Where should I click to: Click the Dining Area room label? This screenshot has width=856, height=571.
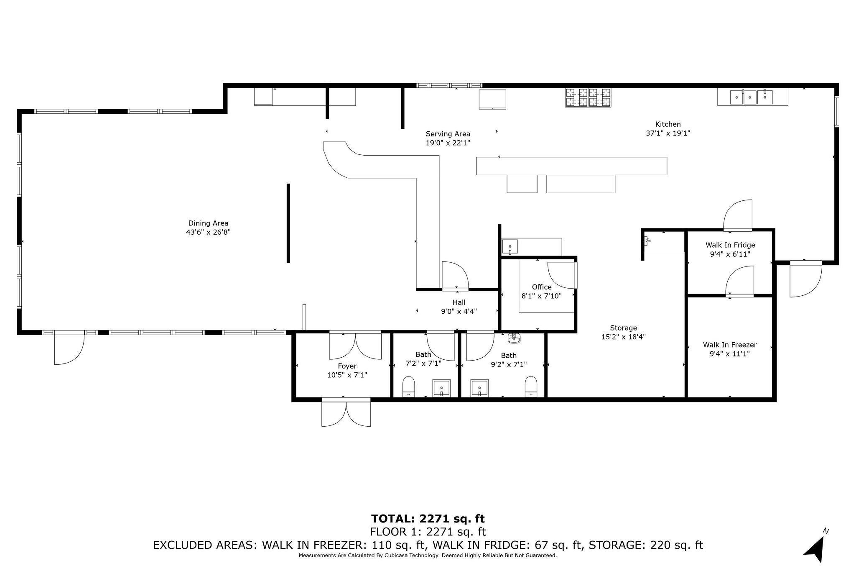click(208, 223)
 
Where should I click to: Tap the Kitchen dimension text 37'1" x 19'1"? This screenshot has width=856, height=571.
click(668, 133)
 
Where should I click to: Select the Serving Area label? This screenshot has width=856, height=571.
click(448, 134)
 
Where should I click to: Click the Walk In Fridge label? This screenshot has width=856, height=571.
click(730, 245)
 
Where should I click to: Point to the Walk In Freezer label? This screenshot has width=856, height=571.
click(730, 345)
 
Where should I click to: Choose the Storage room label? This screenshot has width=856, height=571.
click(623, 328)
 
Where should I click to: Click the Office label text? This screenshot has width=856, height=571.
click(542, 287)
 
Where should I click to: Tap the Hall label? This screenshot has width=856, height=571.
click(459, 302)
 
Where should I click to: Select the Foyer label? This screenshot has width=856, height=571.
click(347, 366)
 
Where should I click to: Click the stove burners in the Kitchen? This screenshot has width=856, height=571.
click(588, 97)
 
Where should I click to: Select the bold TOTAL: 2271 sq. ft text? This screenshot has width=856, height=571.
click(428, 519)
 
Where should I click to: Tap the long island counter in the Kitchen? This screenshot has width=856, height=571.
click(571, 166)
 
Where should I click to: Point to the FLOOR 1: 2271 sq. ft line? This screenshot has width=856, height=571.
click(428, 532)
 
